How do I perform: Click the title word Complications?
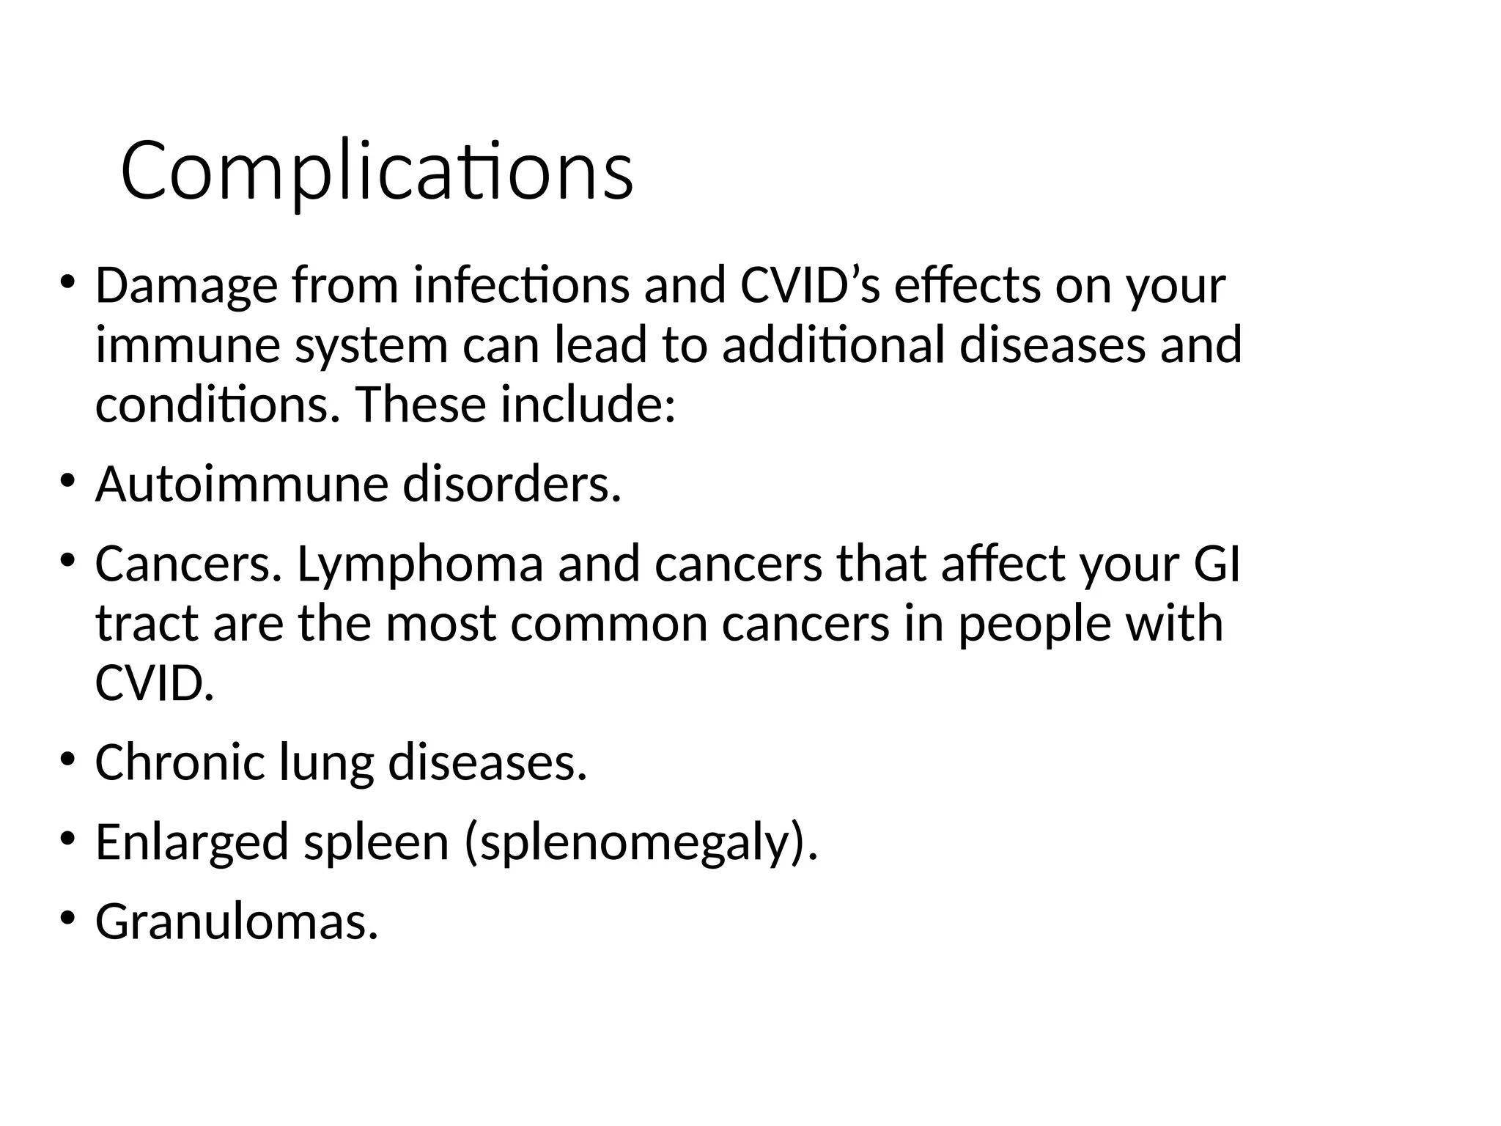point(376,172)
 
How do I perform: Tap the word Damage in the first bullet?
point(186,286)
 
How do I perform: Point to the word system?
point(371,346)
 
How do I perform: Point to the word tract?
point(147,624)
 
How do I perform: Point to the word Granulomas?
point(236,921)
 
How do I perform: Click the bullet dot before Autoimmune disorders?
point(67,481)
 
